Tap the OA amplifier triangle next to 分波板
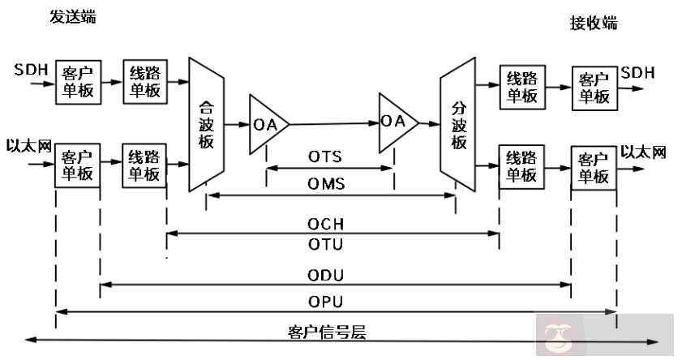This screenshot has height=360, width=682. (396, 122)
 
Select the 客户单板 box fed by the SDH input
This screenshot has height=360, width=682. (78, 82)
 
